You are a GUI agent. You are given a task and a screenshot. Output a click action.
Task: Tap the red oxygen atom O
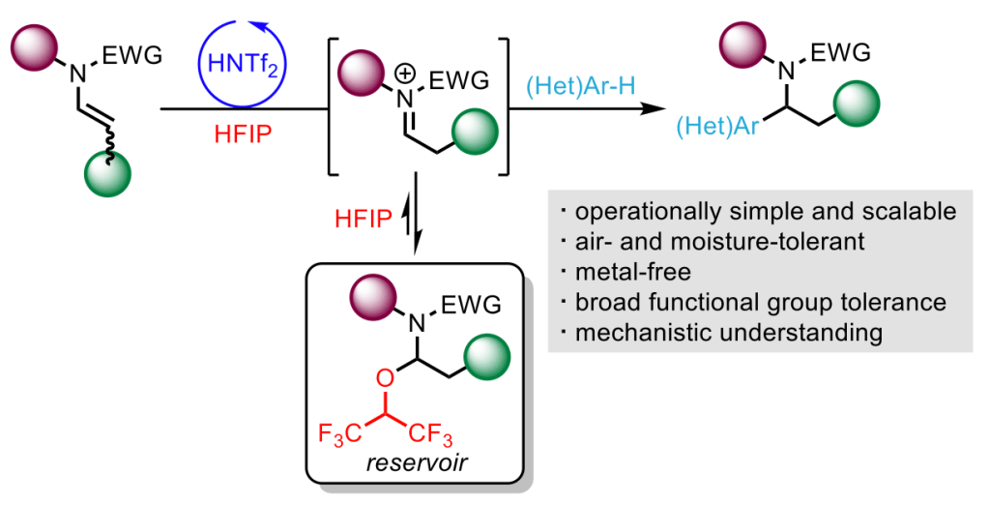click(383, 376)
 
